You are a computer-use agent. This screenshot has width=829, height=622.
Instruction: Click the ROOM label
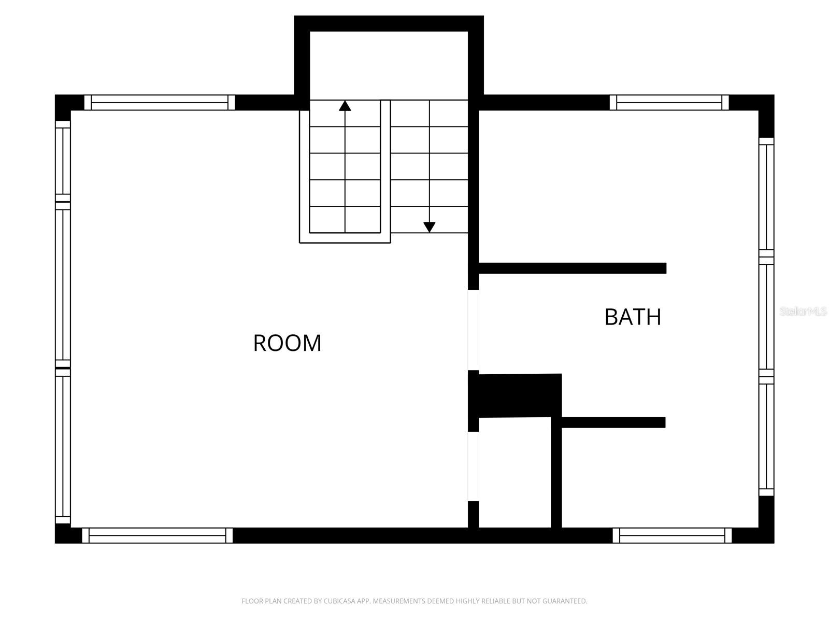tap(287, 343)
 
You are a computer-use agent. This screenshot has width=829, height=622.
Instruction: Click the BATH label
tap(633, 317)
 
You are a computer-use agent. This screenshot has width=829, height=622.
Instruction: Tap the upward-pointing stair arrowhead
tap(345, 106)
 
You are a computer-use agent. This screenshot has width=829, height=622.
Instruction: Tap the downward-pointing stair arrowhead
tap(430, 227)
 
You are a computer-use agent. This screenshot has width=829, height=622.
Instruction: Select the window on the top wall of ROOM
tap(160, 103)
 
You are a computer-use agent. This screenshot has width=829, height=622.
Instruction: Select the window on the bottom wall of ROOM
tap(158, 535)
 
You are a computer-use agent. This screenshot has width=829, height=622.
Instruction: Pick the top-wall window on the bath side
tap(669, 103)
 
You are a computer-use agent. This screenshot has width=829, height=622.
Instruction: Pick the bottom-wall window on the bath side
tap(672, 535)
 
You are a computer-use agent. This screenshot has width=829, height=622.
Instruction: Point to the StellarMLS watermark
tap(803, 312)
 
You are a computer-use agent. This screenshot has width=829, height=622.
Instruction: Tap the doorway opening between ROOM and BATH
tap(474, 330)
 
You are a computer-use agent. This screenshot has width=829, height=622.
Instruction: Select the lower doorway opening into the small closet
tap(474, 466)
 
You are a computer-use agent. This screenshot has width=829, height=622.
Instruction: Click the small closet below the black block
tap(514, 472)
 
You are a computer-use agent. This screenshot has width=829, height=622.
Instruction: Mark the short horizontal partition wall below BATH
tap(613, 422)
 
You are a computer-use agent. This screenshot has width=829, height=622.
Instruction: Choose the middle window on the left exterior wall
tap(63, 285)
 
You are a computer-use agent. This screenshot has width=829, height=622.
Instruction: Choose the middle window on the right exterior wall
tap(766, 317)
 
